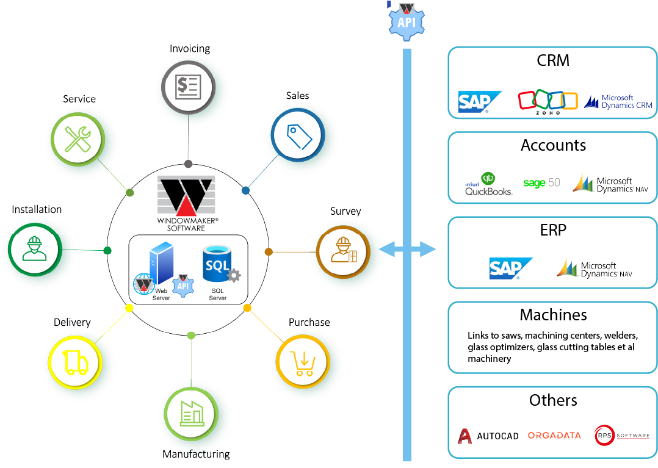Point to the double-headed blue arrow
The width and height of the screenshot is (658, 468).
pos(408,249)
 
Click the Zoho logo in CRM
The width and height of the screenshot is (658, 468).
pos(548,101)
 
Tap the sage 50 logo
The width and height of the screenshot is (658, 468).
pos(541,183)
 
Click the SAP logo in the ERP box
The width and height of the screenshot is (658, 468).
pos(510,268)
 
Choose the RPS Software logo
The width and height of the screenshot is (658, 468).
pos(622,436)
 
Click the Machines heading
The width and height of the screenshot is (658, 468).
pos(553,315)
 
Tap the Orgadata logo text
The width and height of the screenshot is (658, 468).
pos(554,436)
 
